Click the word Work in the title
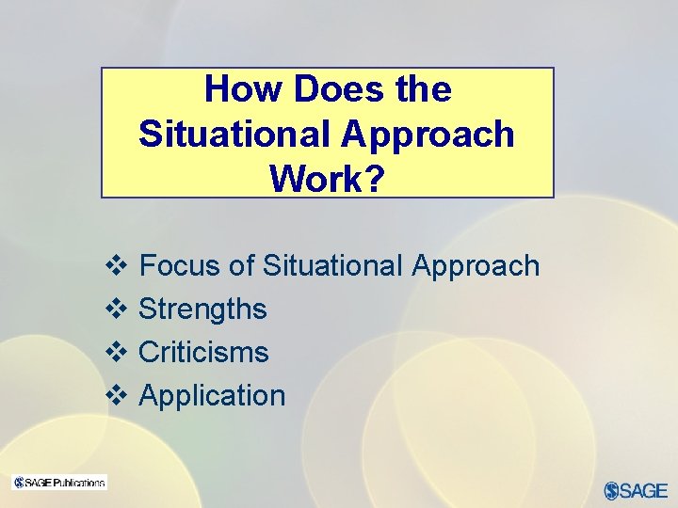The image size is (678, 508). click(318, 178)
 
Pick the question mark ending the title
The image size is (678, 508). click(376, 178)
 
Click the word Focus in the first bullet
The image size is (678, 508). click(179, 266)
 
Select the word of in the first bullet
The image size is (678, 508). click(241, 266)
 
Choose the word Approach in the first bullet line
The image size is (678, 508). click(476, 267)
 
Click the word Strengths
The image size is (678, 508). click(202, 310)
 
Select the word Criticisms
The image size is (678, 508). click(203, 353)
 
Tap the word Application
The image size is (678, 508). click(212, 396)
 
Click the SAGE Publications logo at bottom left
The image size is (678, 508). click(59, 483)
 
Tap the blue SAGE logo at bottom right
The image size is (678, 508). click(636, 490)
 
